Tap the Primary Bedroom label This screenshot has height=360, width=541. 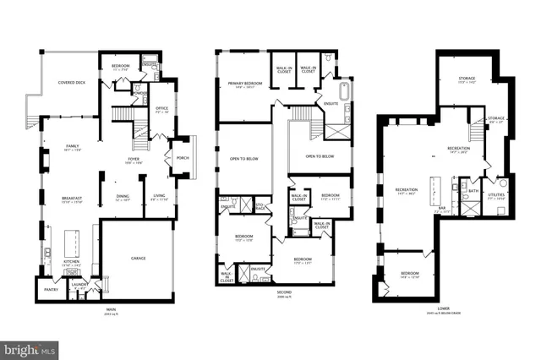241,83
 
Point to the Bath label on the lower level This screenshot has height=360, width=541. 473,191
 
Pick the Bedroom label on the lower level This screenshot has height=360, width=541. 410,274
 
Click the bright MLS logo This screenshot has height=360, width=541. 30,348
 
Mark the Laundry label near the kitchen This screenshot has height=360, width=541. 77,284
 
